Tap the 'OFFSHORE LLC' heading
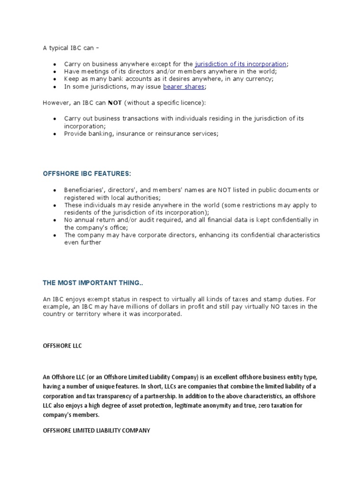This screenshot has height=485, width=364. pos(62,346)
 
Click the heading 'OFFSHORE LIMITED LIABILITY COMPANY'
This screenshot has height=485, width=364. pos(97,431)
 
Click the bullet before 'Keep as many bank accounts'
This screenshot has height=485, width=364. pos(55,80)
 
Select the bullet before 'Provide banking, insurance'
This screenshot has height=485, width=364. pos(55,134)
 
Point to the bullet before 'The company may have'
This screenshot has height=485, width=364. pos(55,235)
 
